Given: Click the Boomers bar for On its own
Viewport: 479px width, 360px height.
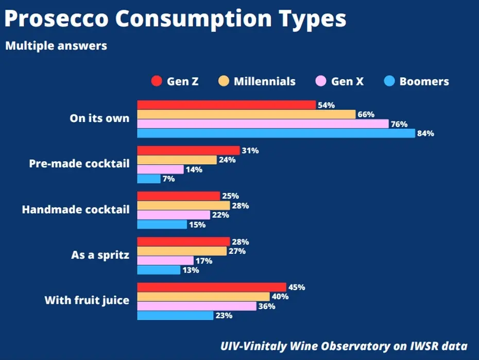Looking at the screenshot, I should click(276, 133).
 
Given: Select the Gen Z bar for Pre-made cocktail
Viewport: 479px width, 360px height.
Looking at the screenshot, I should click(189, 150).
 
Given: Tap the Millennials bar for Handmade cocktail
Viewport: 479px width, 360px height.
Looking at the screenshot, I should click(183, 205).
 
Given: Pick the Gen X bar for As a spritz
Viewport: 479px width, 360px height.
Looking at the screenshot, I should click(165, 261).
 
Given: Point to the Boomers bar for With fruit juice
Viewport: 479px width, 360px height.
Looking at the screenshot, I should click(175, 315).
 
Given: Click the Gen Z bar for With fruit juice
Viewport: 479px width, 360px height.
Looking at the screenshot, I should click(211, 287).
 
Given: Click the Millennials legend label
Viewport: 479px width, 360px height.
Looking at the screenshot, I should click(265, 81).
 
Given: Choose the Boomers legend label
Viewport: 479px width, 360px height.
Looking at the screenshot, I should click(424, 81).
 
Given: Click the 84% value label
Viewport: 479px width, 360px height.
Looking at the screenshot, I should click(426, 133).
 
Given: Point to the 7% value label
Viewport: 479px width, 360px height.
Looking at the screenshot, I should click(169, 179).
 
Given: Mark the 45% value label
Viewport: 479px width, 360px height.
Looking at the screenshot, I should click(297, 287).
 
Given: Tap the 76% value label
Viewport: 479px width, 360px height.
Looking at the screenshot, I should click(399, 124).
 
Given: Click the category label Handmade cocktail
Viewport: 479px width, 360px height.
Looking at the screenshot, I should click(76, 210).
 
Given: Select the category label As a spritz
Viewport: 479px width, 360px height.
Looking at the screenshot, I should click(100, 255).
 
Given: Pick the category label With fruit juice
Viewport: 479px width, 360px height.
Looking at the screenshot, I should click(87, 300).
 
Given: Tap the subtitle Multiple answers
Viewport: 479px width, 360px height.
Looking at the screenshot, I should click(56, 46).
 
